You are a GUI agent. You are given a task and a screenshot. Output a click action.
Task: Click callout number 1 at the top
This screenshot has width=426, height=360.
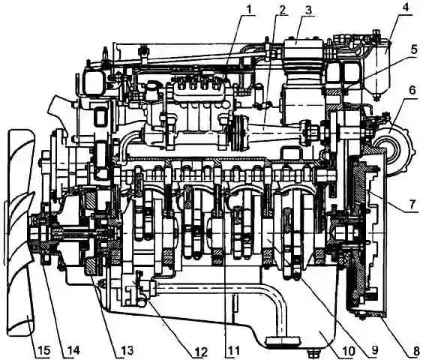coord(247,10)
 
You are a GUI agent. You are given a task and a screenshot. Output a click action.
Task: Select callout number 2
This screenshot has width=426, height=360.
coord(282,10)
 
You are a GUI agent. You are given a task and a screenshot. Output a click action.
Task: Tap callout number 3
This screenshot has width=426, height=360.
coord(308,10)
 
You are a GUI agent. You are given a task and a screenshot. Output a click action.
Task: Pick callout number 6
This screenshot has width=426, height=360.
coord(412,90)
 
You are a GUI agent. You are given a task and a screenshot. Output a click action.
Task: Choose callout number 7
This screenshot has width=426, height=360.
coord(412,204)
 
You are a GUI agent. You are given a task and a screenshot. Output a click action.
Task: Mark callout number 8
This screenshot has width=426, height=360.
coord(416,351)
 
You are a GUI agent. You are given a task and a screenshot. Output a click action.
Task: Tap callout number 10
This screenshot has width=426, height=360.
coord(347,351)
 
